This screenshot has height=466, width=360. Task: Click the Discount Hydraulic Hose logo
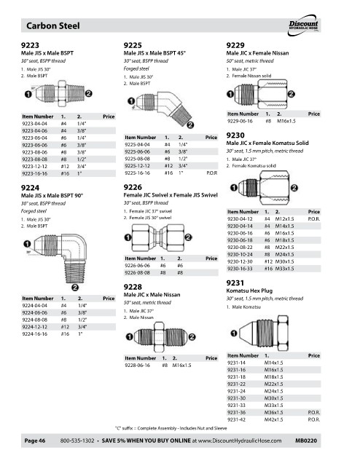tap(303, 25)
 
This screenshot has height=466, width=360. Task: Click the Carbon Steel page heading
tap(53, 25)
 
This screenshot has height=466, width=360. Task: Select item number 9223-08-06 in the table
tap(34, 152)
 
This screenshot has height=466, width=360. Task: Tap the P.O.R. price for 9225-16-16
tap(212, 173)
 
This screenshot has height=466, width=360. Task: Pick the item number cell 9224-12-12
tap(34, 327)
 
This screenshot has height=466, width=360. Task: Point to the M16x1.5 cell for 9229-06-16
tap(286, 122)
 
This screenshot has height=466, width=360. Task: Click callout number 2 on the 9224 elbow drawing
tap(75, 288)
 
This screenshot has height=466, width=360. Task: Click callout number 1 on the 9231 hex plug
tap(234, 333)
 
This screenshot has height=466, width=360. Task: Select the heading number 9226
tap(133, 187)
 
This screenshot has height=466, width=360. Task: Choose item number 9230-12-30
tap(240, 261)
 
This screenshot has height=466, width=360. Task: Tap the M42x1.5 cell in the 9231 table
tap(274, 419)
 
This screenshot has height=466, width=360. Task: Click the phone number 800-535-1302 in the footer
tap(77, 441)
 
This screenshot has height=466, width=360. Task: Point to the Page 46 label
tap(35, 441)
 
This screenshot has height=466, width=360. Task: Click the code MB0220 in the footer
tap(306, 441)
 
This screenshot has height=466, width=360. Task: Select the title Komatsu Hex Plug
tap(249, 291)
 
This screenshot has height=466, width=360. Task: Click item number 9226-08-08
tap(138, 273)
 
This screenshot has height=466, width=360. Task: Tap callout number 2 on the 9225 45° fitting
tap(190, 125)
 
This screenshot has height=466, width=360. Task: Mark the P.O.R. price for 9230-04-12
tap(314, 219)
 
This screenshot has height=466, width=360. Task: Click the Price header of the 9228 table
tap(211, 358)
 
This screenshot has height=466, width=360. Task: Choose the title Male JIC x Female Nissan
tap(257, 53)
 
